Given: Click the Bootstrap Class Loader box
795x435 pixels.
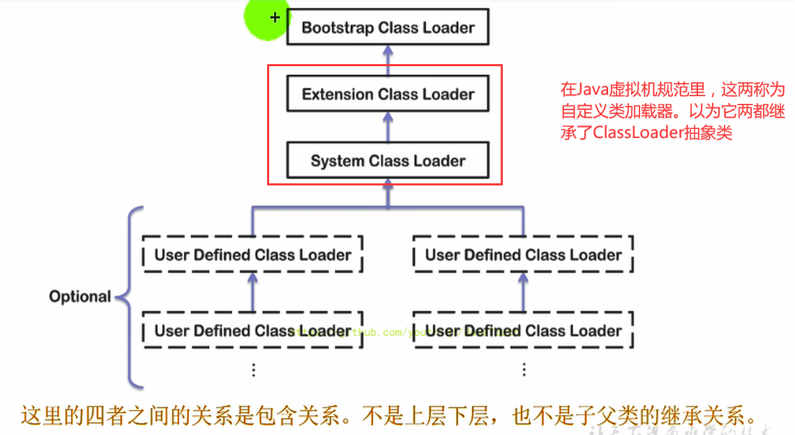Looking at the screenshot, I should click(388, 29).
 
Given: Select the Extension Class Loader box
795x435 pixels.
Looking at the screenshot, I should click(388, 95).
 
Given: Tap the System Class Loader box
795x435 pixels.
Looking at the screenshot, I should click(388, 161).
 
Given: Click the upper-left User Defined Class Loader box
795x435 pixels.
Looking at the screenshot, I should click(252, 255).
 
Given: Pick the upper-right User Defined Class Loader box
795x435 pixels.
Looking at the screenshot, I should click(523, 255).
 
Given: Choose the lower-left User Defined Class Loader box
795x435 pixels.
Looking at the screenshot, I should click(252, 330).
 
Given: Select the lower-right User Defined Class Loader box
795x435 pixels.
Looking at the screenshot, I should click(523, 330).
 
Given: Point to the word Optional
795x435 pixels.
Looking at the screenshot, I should click(79, 297).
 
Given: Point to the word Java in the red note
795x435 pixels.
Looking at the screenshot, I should click(591, 90).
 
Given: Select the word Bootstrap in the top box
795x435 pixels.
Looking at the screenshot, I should click(338, 29).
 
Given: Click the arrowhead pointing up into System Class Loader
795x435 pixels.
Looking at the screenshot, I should click(388, 187).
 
